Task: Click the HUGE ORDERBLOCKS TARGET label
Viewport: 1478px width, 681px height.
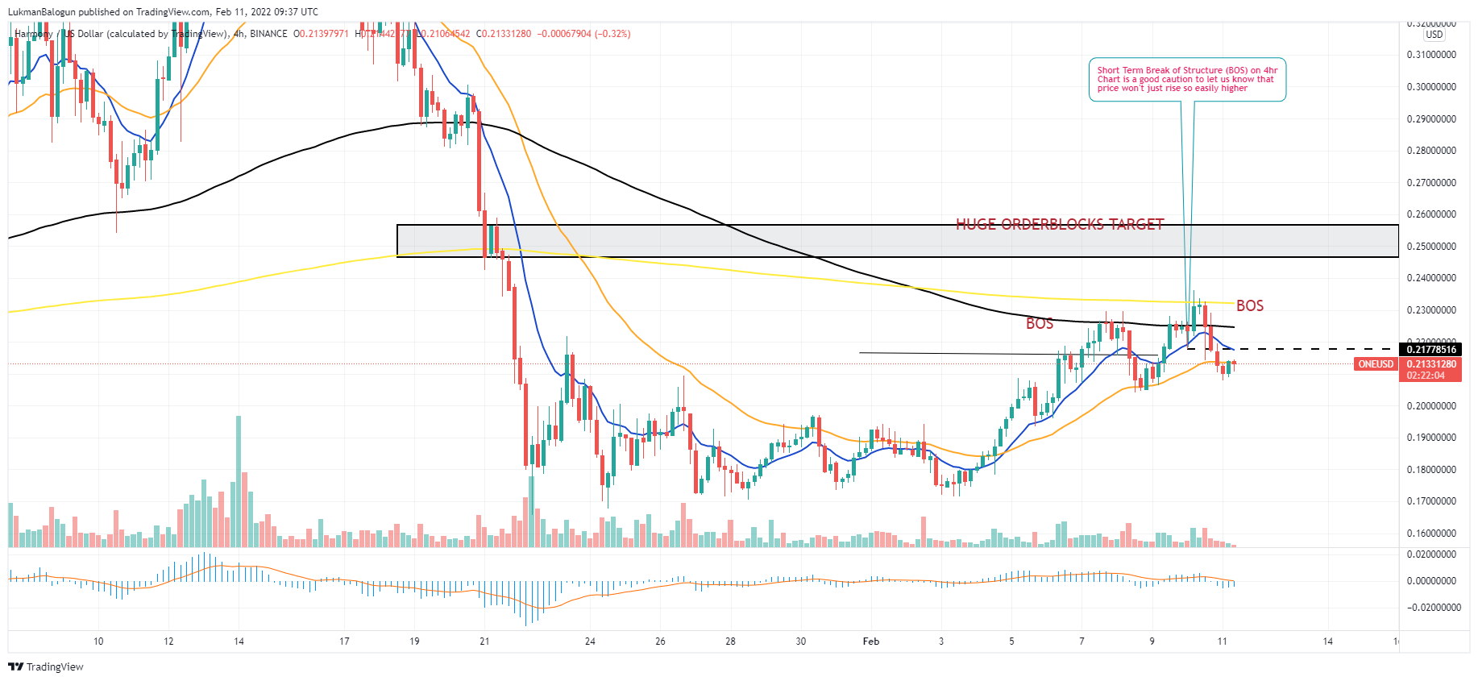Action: point(1059,224)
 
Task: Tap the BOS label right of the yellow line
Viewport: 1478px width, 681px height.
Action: point(1249,305)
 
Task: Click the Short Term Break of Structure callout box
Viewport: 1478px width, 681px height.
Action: point(1186,80)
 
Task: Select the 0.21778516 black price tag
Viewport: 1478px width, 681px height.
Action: point(1431,349)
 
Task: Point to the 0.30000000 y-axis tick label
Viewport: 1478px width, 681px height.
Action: point(1431,87)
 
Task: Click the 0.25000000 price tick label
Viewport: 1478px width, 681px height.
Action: point(1431,247)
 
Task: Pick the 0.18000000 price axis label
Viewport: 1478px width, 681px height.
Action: point(1431,470)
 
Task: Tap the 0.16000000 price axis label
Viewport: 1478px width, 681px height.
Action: point(1431,534)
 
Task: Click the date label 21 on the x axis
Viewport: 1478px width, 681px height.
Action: point(484,642)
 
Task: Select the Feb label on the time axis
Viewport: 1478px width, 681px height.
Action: point(870,642)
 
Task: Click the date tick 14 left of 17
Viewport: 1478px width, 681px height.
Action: point(239,642)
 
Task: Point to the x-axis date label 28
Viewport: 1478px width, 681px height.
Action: point(730,642)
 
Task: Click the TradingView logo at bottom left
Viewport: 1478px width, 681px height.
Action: point(46,666)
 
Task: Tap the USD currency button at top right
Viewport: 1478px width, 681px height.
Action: point(1434,35)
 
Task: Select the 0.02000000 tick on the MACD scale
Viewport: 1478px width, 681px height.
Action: point(1431,554)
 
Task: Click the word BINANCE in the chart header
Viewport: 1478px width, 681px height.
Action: point(268,34)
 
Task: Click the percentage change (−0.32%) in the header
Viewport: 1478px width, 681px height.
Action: point(612,34)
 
